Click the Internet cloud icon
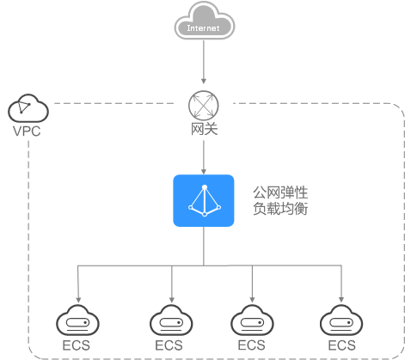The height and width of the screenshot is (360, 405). tap(205, 21)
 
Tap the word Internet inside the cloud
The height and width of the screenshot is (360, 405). tap(203, 28)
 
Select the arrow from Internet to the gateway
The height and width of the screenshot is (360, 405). tap(204, 62)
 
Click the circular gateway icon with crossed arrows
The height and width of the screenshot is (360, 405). tap(204, 105)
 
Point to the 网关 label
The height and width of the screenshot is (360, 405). tap(204, 129)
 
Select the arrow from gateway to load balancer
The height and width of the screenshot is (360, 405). tap(204, 157)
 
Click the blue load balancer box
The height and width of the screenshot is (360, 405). tap(204, 200)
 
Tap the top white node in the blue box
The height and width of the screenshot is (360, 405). tap(205, 187)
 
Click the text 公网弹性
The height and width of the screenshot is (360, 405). tap(280, 192)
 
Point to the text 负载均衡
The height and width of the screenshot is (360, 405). tap(280, 208)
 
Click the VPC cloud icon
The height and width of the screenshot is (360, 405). tap(28, 108)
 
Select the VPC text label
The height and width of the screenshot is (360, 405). tap(27, 131)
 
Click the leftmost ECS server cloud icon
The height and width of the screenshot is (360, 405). tap(77, 320)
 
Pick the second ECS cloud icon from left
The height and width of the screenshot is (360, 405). tap(171, 320)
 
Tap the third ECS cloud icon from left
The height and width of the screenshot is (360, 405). tap(252, 320)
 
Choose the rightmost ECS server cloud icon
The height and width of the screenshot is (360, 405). tap(341, 320)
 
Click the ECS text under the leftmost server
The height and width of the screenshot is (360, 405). tap(77, 345)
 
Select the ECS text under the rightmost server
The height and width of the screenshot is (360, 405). tap(341, 345)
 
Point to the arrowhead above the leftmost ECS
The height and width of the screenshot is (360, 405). tap(78, 300)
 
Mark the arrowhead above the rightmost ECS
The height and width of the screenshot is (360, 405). tap(341, 300)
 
